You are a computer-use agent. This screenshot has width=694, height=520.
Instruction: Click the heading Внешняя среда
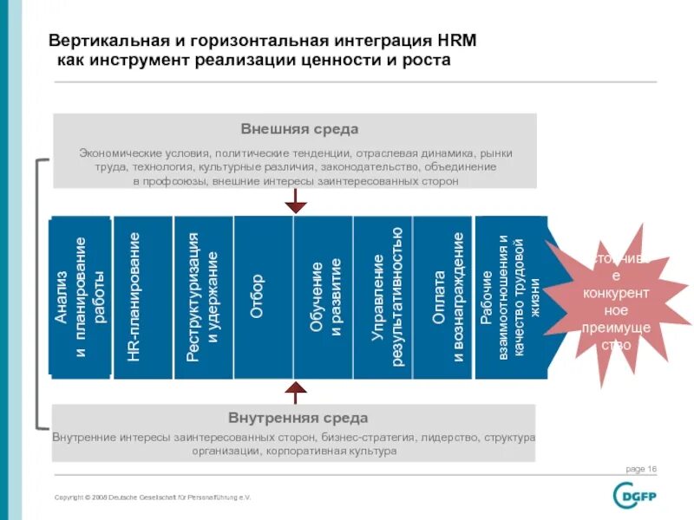(298, 129)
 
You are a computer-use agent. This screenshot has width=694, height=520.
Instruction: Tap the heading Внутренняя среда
(298, 418)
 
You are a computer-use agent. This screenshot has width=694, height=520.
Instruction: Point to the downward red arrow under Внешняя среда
(297, 202)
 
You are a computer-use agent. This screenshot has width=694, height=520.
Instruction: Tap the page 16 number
(641, 469)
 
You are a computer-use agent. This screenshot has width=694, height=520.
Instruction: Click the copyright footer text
(152, 497)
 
